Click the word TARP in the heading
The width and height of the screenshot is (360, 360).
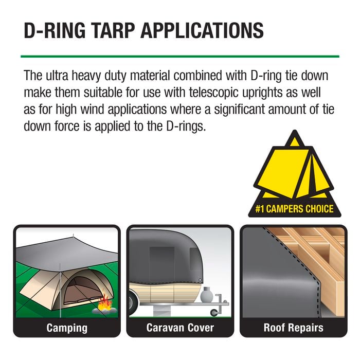pyautogui.click(x=114, y=30)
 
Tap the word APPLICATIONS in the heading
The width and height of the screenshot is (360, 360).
pyautogui.click(x=202, y=30)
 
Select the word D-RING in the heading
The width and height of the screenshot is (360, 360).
pyautogui.click(x=55, y=30)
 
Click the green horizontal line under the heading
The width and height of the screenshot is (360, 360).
pyautogui.click(x=180, y=56)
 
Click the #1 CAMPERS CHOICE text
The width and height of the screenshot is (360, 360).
pyautogui.click(x=295, y=209)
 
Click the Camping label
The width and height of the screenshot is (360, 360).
pyautogui.click(x=67, y=328)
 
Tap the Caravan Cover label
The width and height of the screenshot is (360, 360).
pyautogui.click(x=180, y=328)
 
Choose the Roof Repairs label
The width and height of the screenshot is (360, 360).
pyautogui.click(x=294, y=328)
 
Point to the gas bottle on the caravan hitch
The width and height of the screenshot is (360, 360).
pyautogui.click(x=207, y=295)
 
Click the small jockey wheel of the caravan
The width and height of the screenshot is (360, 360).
pyautogui.click(x=214, y=313)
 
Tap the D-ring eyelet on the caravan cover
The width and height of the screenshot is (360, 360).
pyautogui.click(x=200, y=280)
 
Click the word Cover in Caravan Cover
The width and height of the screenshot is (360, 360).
pyautogui.click(x=201, y=328)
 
